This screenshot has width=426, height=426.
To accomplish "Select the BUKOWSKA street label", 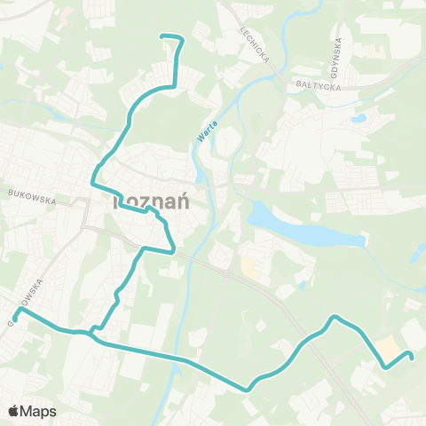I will (30, 195).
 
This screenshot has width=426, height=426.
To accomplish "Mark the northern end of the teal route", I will (161, 36).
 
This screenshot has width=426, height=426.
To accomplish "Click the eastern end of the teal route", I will (413, 357).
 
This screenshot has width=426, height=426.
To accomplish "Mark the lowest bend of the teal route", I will (248, 389).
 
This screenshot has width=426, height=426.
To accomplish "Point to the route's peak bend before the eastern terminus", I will (334, 317).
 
